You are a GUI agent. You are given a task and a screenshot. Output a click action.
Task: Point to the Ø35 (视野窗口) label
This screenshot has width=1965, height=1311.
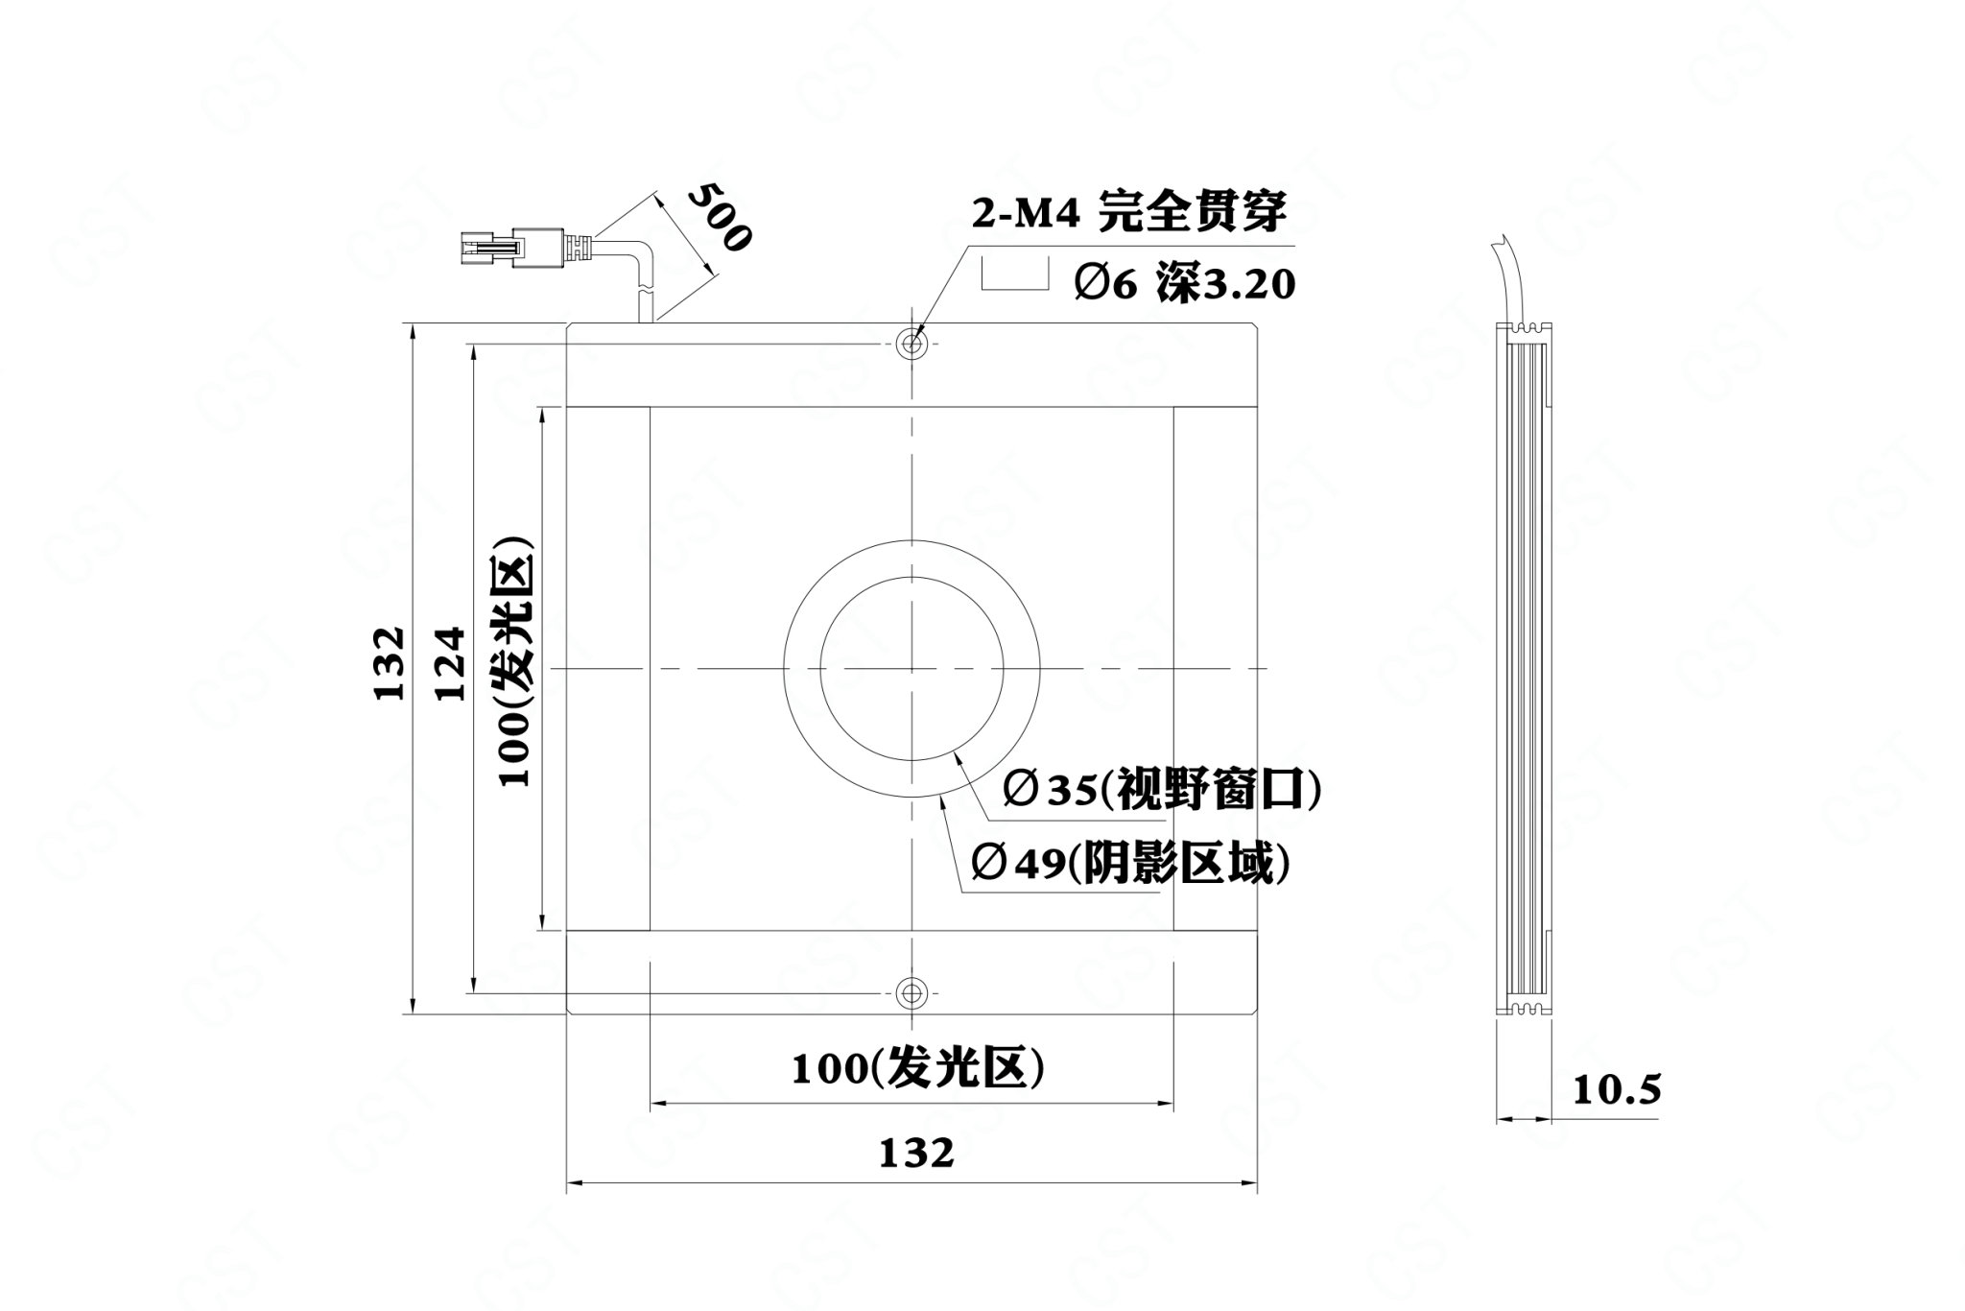pyautogui.click(x=1163, y=790)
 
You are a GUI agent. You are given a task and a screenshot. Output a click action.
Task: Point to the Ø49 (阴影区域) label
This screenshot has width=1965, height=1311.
pyautogui.click(x=1130, y=864)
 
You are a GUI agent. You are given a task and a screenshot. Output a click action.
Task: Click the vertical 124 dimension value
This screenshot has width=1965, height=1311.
pyautogui.click(x=450, y=664)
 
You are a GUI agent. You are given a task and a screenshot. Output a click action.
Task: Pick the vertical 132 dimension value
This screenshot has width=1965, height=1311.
pyautogui.click(x=390, y=664)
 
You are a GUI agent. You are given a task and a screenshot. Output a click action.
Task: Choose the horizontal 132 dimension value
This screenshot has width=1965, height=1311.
pyautogui.click(x=917, y=1153)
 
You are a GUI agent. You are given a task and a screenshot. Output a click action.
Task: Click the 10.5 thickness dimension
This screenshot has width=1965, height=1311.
pyautogui.click(x=1617, y=1090)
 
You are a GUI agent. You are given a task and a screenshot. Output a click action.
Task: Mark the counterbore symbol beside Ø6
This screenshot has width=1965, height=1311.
pyautogui.click(x=1013, y=273)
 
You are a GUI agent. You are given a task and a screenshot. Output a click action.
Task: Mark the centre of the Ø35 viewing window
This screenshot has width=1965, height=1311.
pyautogui.click(x=911, y=668)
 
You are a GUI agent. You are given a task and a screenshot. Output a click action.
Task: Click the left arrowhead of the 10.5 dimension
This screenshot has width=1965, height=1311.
pyautogui.click(x=1506, y=1119)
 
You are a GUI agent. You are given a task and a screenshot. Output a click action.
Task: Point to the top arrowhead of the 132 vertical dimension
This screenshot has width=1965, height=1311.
pyautogui.click(x=413, y=332)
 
